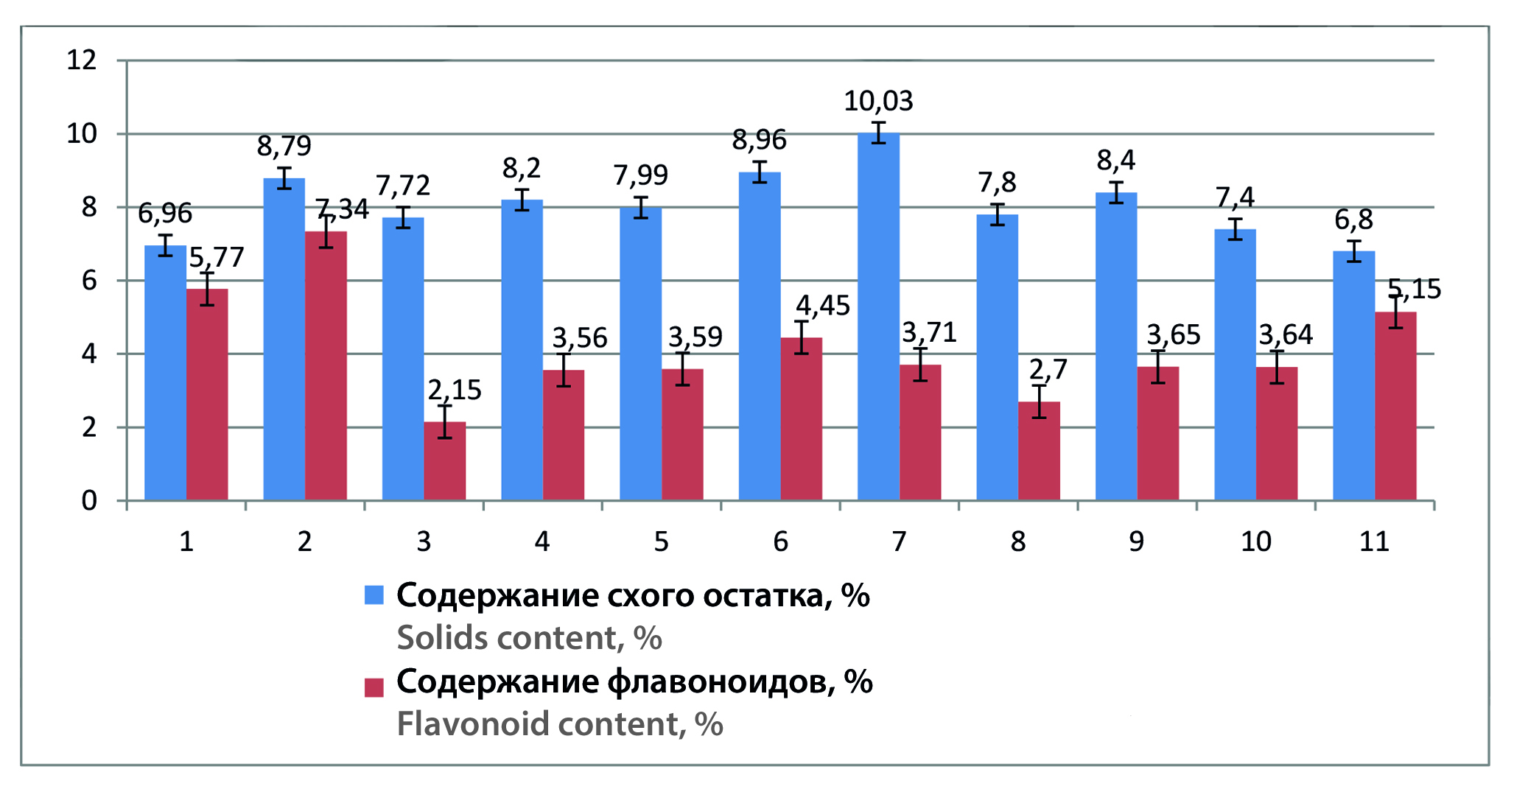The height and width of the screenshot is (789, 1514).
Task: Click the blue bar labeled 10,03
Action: tap(878, 317)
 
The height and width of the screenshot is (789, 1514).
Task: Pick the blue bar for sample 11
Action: tap(1353, 376)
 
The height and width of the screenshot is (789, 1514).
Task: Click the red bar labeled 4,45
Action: tap(801, 419)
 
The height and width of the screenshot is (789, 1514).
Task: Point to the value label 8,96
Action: tap(759, 139)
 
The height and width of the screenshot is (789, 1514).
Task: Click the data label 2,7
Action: tap(1048, 369)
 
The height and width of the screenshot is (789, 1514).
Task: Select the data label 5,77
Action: tap(216, 257)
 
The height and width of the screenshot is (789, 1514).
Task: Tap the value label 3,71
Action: tap(929, 333)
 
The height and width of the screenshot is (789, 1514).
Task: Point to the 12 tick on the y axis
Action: tap(82, 60)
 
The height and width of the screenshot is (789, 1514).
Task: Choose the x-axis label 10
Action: tap(1255, 542)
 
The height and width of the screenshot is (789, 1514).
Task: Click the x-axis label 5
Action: tap(661, 542)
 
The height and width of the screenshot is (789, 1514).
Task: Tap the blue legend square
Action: tap(374, 595)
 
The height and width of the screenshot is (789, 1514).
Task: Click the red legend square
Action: tap(374, 687)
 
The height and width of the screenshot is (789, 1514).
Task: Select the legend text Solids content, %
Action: tap(529, 638)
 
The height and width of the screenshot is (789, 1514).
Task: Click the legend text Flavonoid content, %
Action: tap(560, 724)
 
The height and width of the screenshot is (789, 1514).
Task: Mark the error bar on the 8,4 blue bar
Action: tap(1116, 192)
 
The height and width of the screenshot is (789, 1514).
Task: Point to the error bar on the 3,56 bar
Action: tap(564, 370)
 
